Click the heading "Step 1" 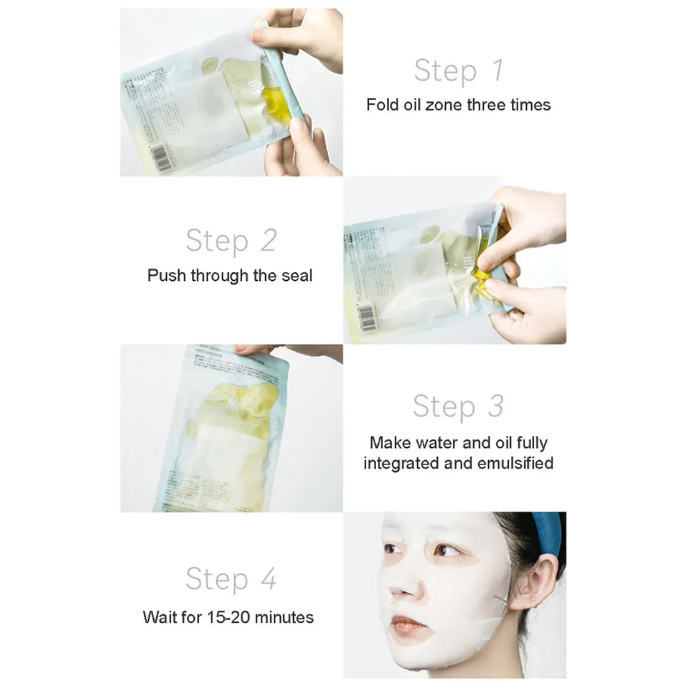(x=458, y=70)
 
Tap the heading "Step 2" (x=230, y=240)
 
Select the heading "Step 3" (x=458, y=406)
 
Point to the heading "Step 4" (x=230, y=579)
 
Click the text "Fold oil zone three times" (x=458, y=105)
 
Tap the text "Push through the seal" (x=230, y=275)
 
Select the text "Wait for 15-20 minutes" (x=228, y=617)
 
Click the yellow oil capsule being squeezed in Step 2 (x=483, y=274)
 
